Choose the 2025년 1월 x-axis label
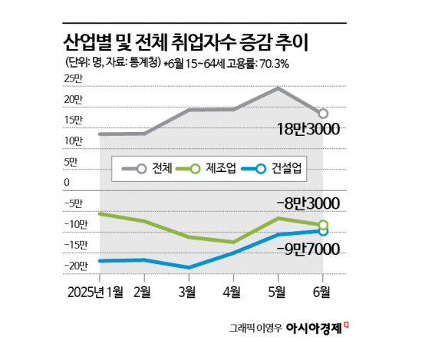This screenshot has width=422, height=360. coord(96,292)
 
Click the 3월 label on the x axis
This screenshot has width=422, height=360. coord(188,292)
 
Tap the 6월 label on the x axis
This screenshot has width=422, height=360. coord(322,292)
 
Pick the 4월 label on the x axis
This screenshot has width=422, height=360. coord(232,292)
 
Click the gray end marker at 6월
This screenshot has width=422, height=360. coord(323,114)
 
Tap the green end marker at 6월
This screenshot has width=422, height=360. coord(323,225)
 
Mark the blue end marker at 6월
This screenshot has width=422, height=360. coord(323,231)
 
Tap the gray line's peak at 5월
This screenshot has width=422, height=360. coord(278,88)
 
